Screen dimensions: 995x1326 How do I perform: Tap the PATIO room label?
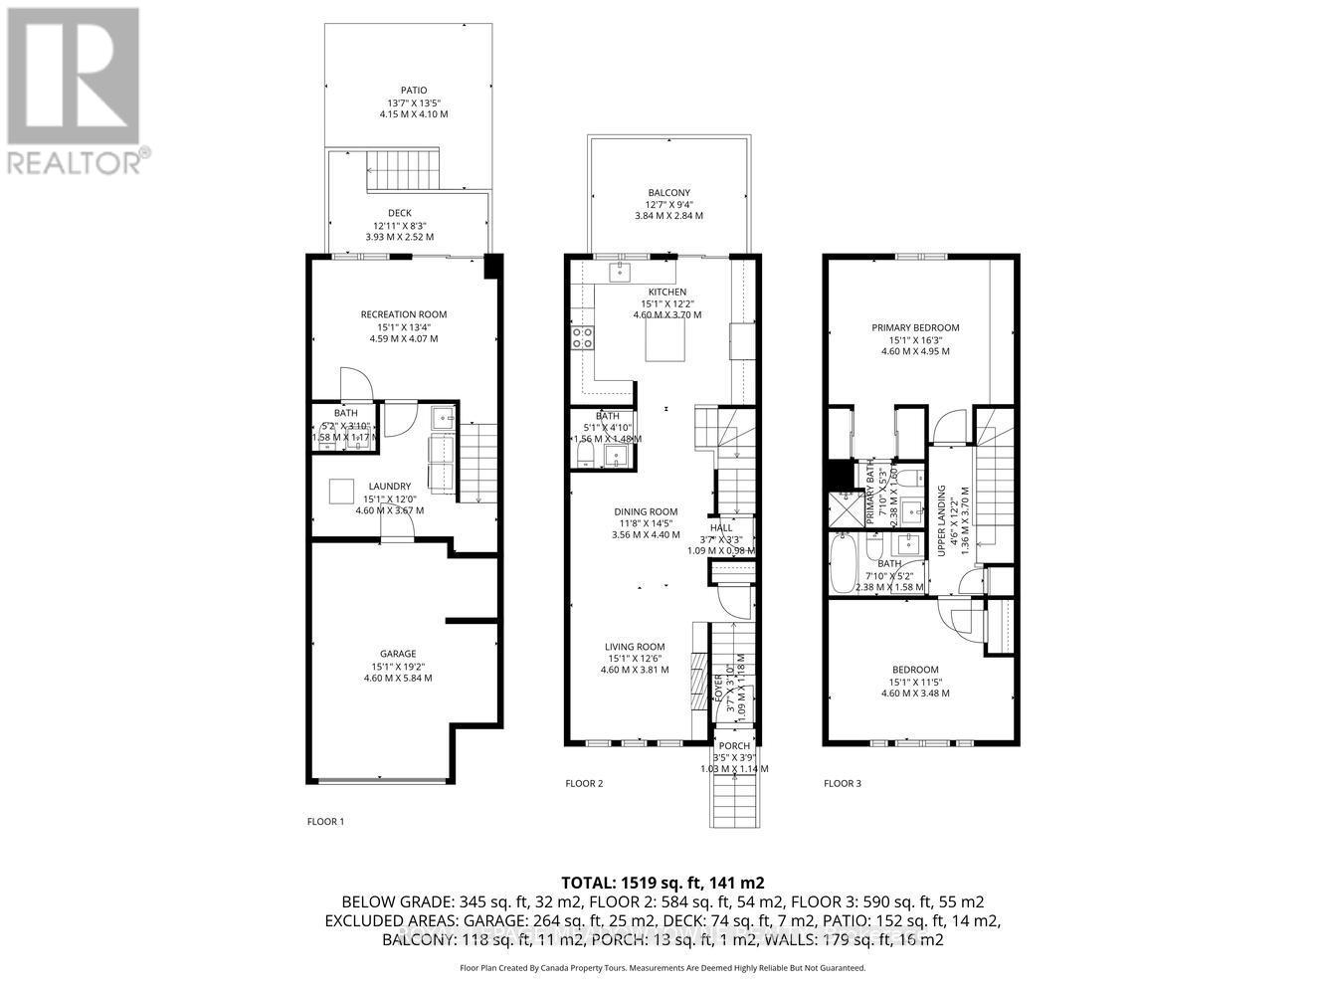point(413,91)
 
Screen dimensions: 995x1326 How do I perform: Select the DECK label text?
point(399,213)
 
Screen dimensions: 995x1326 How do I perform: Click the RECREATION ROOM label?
point(403,314)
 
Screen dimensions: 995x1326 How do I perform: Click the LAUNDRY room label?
point(389,487)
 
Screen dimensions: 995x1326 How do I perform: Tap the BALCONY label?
point(668,193)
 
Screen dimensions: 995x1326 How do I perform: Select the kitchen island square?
point(666,341)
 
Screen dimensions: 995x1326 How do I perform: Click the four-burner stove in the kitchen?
point(582,337)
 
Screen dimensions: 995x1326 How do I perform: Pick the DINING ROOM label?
point(645,511)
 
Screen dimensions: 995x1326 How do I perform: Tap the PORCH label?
point(734,746)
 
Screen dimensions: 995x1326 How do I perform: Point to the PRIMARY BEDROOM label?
point(915,327)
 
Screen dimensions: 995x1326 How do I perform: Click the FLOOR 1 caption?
point(325,822)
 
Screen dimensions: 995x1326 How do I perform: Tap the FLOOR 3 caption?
point(843,784)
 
